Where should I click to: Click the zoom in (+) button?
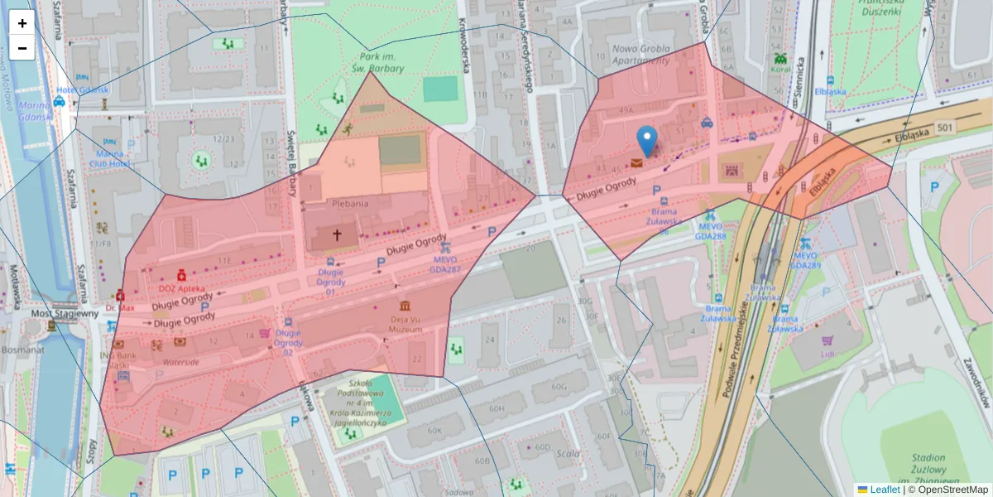tap(22, 23)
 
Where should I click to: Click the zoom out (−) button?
tap(22, 48)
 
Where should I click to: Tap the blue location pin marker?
tap(647, 140)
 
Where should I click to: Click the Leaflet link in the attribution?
tap(884, 490)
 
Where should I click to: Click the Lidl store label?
tap(827, 354)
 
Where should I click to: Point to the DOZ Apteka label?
tap(182, 288)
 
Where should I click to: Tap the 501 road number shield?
tap(945, 127)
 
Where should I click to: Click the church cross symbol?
tap(337, 235)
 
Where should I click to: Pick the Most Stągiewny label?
tap(65, 314)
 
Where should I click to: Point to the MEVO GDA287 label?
tap(445, 263)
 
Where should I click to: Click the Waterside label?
tap(180, 362)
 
